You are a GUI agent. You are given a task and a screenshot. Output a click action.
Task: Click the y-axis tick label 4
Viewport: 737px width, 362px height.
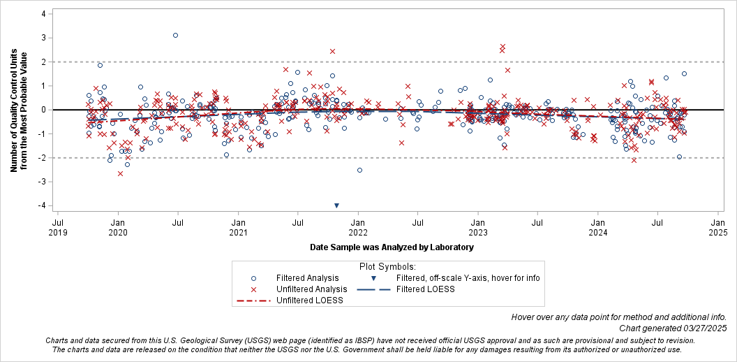(43, 14)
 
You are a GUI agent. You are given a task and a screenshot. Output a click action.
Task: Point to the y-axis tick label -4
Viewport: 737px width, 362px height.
(42, 205)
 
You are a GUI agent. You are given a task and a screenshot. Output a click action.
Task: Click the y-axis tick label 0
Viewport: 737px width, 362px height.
(43, 110)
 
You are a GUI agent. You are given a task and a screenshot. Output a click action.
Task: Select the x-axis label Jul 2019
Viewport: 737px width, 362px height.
(58, 227)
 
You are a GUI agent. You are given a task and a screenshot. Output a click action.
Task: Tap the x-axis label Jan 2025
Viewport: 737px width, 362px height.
(717, 227)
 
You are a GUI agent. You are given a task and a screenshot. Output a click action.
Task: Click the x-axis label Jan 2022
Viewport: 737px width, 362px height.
(358, 227)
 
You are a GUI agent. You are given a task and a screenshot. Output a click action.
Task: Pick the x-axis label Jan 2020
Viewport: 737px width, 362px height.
(118, 227)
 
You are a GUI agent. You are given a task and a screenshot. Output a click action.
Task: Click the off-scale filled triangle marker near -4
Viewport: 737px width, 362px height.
(336, 205)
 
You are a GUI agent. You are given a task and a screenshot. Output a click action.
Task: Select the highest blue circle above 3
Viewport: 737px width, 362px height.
(175, 35)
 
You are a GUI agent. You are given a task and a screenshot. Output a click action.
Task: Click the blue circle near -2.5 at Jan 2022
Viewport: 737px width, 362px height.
(359, 170)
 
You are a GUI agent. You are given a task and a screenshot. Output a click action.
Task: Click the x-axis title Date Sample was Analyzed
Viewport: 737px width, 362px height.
(392, 247)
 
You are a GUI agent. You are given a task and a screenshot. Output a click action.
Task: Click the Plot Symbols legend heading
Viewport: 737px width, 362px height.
(387, 266)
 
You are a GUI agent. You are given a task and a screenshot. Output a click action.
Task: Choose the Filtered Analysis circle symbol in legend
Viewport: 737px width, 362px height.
(254, 278)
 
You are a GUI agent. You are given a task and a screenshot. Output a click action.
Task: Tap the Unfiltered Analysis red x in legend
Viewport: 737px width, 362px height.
(254, 289)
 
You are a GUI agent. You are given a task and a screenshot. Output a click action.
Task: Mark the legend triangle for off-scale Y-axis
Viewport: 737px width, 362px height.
(373, 278)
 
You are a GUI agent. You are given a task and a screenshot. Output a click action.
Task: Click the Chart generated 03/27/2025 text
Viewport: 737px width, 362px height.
(673, 328)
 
